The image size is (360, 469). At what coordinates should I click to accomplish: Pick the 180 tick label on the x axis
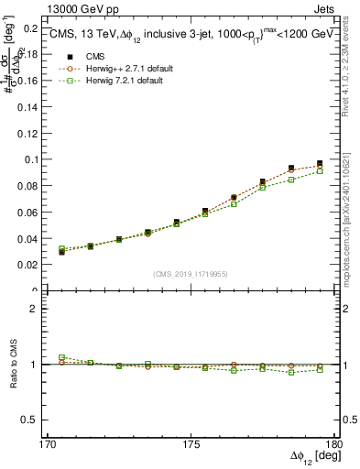pos(333,444)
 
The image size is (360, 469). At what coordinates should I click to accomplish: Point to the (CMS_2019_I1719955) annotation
pos(191,274)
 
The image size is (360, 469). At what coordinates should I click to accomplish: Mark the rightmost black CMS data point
pos(320,164)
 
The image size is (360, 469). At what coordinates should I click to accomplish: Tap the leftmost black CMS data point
pos(62,252)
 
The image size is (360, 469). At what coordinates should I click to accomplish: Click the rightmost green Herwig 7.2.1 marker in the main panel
pos(320,171)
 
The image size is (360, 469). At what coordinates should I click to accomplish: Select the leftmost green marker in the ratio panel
pos(62,358)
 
